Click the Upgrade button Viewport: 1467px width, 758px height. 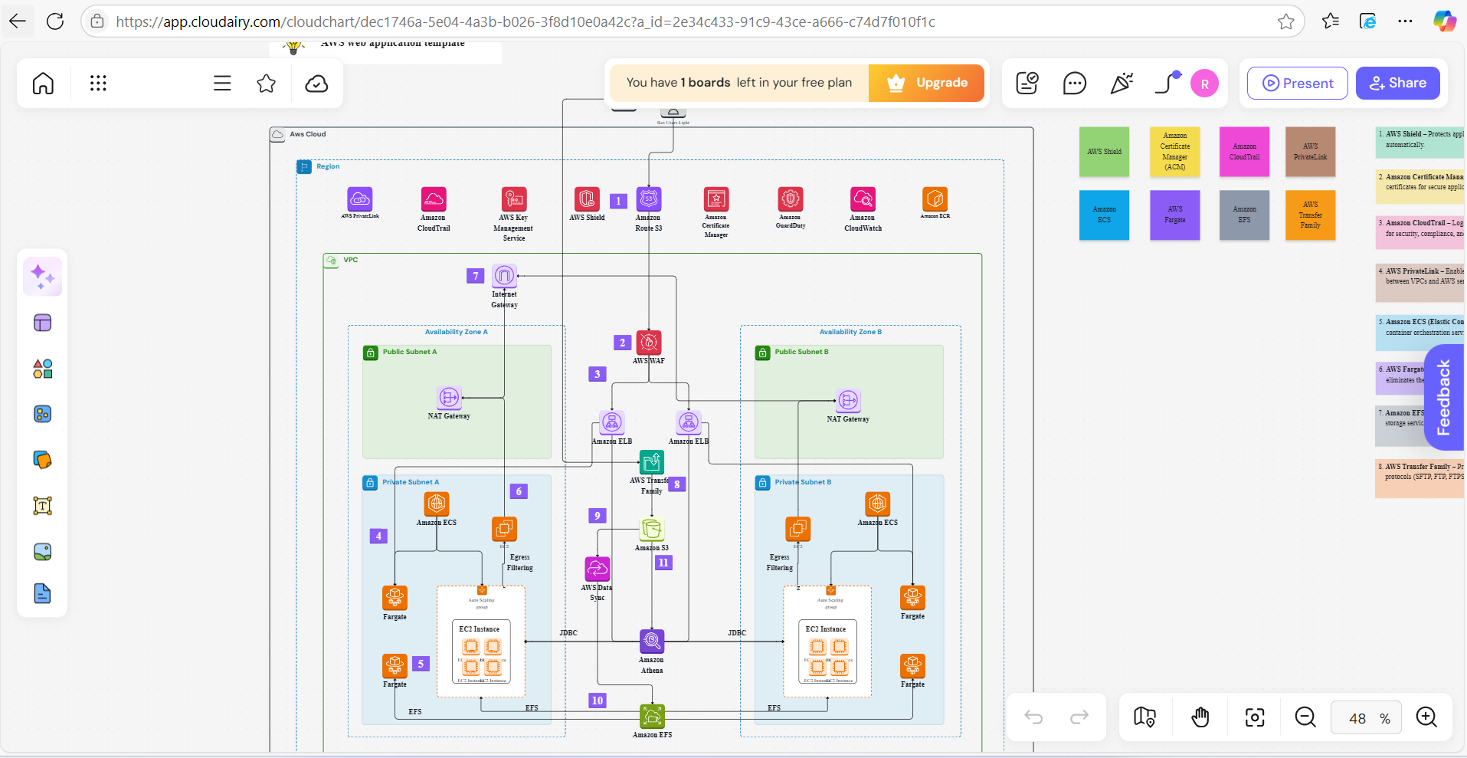[927, 83]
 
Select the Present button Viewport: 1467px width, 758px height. [1297, 83]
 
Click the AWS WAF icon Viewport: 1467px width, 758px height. [649, 343]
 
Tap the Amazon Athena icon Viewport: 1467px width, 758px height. [652, 641]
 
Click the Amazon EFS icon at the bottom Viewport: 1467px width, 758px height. [652, 717]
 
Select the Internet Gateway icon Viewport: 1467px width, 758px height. [504, 275]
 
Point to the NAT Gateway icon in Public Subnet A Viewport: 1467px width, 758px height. [449, 398]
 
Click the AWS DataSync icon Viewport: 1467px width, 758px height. [598, 569]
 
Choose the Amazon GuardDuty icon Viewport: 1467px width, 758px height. [791, 199]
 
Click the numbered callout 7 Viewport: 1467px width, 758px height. [476, 276]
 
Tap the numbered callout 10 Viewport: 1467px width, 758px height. [598, 700]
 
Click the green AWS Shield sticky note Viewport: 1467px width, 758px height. [1104, 152]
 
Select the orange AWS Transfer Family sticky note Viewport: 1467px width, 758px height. [1310, 215]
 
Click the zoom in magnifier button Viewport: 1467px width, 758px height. [1426, 717]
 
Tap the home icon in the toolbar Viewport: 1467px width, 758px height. [44, 83]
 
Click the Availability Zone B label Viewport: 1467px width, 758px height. [850, 332]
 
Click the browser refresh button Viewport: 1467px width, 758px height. [55, 21]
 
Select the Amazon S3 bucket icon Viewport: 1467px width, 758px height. [652, 529]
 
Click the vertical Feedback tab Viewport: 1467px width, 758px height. [1444, 397]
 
